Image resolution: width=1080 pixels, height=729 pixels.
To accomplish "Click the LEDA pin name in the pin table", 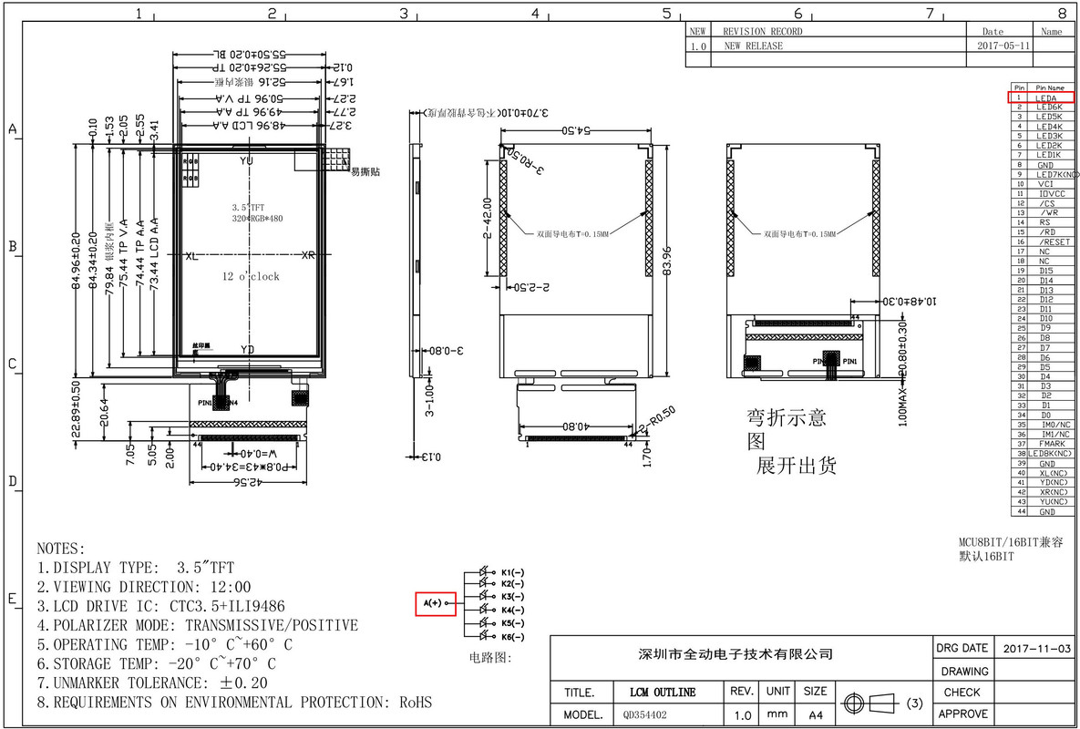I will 1045,98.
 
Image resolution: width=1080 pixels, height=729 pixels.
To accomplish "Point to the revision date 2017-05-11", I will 1003,45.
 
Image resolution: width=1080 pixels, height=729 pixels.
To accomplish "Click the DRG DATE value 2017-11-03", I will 1036,648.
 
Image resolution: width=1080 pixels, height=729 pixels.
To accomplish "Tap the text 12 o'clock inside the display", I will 251,276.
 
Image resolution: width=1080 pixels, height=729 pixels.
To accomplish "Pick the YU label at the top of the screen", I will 247,160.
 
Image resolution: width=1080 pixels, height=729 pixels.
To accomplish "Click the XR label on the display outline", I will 308,256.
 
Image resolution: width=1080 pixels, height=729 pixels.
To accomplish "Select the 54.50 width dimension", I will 577,130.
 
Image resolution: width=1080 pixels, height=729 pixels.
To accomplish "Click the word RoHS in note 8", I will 416,703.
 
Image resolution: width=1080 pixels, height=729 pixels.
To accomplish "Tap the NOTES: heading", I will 60,549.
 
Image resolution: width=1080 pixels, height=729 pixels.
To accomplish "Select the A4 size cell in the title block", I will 816,715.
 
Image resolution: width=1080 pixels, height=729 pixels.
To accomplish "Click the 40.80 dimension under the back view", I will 575,426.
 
